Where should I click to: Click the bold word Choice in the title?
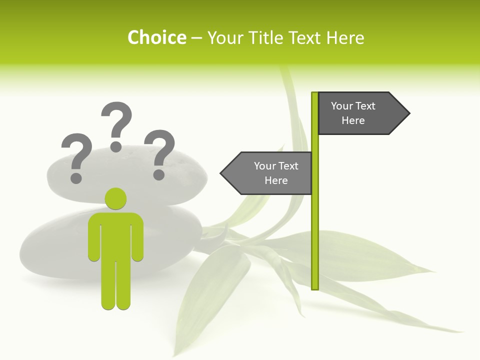coord(156,37)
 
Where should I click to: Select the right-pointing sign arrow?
coord(360,113)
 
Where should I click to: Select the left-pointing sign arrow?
coord(270,173)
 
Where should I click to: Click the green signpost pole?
coord(315,225)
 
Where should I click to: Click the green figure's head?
coord(115,198)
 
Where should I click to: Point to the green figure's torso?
coord(115,235)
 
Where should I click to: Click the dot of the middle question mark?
coord(116,146)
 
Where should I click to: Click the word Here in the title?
coord(345,37)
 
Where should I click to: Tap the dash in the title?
coord(196,38)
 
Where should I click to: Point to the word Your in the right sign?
coord(342,106)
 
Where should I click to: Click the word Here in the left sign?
coord(276,180)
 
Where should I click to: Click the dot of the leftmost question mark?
coord(76,177)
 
